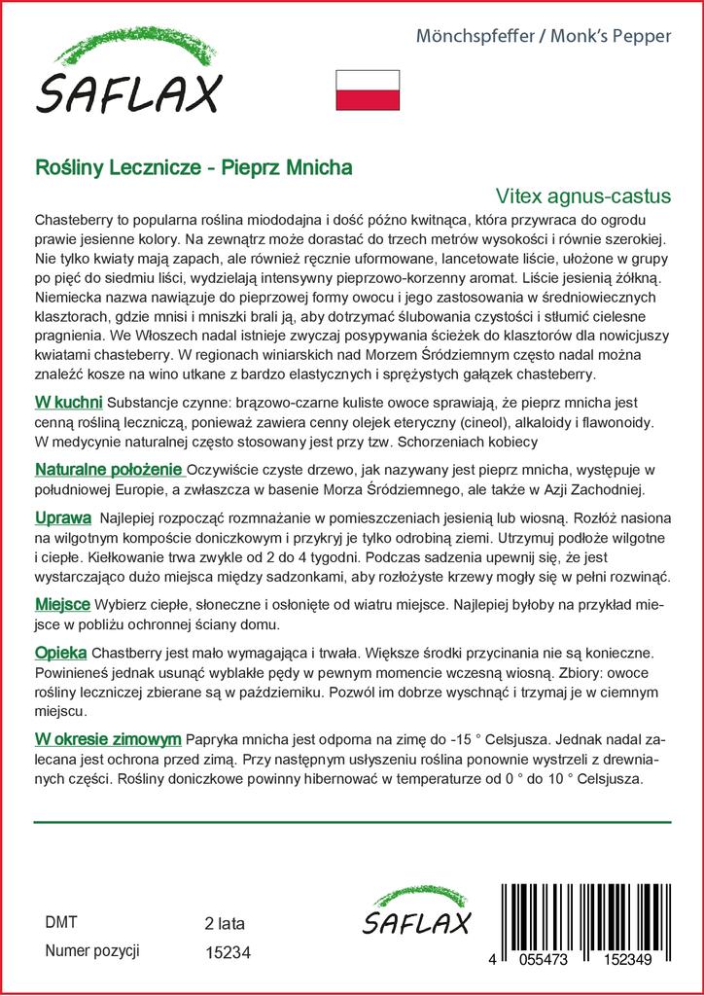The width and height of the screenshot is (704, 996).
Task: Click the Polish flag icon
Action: click(368, 90)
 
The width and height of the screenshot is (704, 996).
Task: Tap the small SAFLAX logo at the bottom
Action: click(416, 915)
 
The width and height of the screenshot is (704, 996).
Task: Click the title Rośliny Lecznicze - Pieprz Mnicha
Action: click(194, 166)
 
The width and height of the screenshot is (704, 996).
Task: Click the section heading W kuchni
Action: click(68, 402)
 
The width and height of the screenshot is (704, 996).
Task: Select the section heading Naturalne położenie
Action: click(108, 469)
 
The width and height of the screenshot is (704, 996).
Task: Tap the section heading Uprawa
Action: click(63, 516)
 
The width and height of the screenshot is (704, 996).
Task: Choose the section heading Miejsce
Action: click(63, 604)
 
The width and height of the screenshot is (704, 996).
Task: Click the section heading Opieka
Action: click(61, 652)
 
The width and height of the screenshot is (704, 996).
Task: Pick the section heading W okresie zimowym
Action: click(107, 739)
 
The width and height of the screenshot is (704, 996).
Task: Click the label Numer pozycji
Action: click(93, 951)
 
